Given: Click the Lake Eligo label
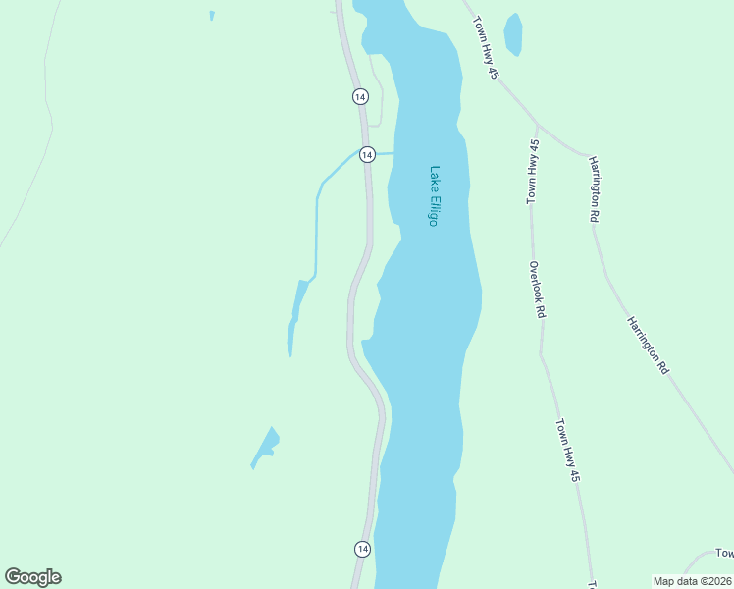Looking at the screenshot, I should pos(433,195).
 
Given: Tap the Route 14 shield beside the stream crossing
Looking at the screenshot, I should pos(367,155).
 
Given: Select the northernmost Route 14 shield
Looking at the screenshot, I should pos(360,96).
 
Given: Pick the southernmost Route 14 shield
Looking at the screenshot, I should pos(362,548).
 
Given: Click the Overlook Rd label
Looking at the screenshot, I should pos(536,290).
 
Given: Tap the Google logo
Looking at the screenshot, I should pos(32,577).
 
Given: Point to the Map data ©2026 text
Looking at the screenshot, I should pos(692,581).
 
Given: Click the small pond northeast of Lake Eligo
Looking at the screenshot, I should pos(512,34).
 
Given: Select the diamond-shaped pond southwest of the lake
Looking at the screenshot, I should pos(266,447).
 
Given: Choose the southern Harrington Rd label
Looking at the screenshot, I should pos(649,345).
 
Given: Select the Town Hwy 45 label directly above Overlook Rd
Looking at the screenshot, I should pos(533,172).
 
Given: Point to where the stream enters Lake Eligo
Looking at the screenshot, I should pos(394,153).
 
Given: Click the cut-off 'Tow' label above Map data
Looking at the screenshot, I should pos(723,554).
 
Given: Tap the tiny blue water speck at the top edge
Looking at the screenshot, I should pos(211,16).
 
